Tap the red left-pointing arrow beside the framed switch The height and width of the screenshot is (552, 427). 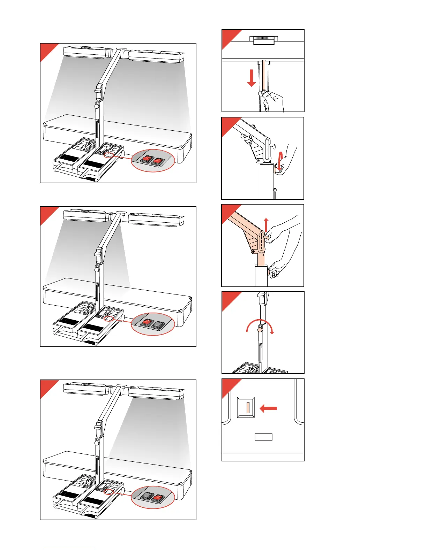pyautogui.click(x=269, y=408)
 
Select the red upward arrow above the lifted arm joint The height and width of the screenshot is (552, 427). pyautogui.click(x=266, y=225)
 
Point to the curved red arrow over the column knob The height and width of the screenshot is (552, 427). pyautogui.click(x=260, y=325)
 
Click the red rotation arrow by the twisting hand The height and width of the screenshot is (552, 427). pyautogui.click(x=280, y=160)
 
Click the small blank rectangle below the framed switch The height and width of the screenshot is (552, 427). pyautogui.click(x=263, y=437)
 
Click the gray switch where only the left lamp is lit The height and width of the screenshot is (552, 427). pyautogui.click(x=159, y=325)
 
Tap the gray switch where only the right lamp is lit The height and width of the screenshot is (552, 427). pyautogui.click(x=147, y=496)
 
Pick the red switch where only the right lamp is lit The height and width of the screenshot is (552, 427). pyautogui.click(x=158, y=498)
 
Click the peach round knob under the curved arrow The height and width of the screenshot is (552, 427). pyautogui.click(x=260, y=329)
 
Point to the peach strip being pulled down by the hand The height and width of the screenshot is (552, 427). pyautogui.click(x=264, y=75)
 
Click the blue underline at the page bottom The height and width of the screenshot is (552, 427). pyautogui.click(x=69, y=549)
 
